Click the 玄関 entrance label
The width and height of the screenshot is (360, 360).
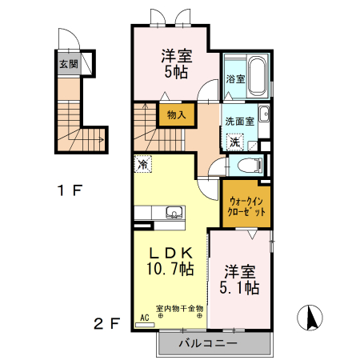point(68,64)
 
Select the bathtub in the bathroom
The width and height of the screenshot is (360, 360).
point(257,77)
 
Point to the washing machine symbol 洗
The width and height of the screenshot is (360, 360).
point(234,142)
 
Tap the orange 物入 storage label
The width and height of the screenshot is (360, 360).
point(177,115)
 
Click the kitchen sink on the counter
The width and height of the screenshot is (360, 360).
point(173,213)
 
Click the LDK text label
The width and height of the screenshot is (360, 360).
point(169,250)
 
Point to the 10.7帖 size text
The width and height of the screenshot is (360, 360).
point(169,269)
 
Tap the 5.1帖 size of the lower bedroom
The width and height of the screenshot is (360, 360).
point(241,287)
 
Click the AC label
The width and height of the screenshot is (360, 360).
point(145,318)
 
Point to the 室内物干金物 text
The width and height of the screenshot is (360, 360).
point(179,307)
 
